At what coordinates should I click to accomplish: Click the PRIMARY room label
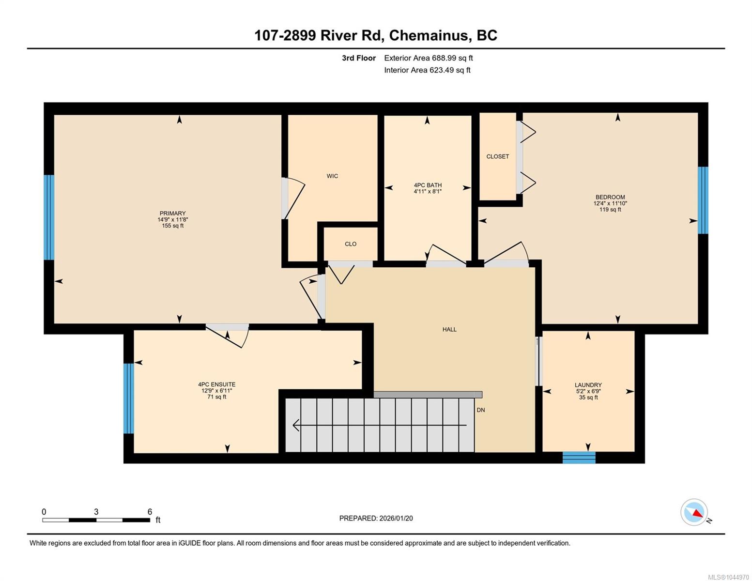[x=172, y=213]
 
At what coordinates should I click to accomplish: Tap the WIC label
[x=332, y=176]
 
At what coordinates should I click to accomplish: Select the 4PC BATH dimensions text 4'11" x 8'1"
[x=428, y=191]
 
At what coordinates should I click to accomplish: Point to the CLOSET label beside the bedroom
[x=497, y=156]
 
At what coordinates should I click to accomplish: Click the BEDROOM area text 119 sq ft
[x=610, y=209]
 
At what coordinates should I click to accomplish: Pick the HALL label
[x=449, y=329]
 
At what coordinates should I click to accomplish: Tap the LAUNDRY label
[x=588, y=385]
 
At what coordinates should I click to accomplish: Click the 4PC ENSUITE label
[x=216, y=384]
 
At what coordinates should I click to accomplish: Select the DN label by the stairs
[x=480, y=410]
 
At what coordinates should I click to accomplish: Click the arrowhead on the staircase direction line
[x=295, y=425]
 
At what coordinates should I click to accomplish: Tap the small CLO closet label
[x=350, y=244]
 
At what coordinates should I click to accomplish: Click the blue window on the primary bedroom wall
[x=49, y=217]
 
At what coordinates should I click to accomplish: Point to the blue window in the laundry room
[x=579, y=458]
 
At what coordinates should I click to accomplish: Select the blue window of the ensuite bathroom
[x=128, y=398]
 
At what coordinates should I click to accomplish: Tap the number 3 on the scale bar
[x=96, y=512]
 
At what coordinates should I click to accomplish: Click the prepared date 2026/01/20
[x=396, y=519]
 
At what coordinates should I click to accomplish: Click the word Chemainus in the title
[x=429, y=35]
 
